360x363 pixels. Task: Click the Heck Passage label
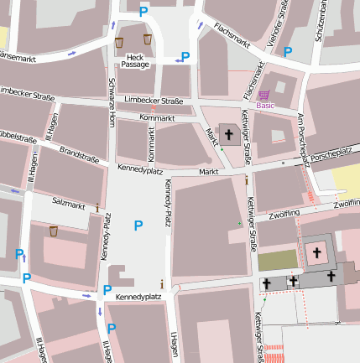(x=135, y=60)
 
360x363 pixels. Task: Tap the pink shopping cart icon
(x=264, y=95)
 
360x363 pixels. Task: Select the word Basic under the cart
(x=265, y=106)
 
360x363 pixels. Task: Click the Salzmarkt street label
(x=69, y=204)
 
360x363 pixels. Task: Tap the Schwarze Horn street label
(x=112, y=101)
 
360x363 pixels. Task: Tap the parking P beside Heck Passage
(x=185, y=56)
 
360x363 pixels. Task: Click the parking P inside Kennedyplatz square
(x=138, y=224)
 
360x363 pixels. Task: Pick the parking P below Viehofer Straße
(x=288, y=52)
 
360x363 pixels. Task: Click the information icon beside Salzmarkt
(x=97, y=206)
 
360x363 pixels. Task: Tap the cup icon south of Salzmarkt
(x=54, y=231)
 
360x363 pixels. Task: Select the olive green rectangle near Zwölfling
(x=276, y=260)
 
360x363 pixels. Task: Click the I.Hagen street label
(x=175, y=344)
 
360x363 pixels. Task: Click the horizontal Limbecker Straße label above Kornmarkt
(x=154, y=100)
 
